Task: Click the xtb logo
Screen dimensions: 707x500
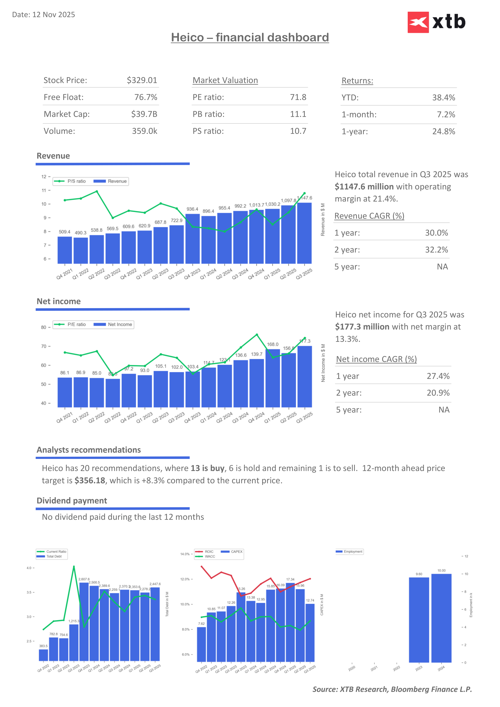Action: pos(436,22)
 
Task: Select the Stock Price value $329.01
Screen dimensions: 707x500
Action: pos(142,80)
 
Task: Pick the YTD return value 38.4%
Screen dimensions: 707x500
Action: pos(443,98)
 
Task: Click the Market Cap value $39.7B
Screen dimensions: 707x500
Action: pos(144,114)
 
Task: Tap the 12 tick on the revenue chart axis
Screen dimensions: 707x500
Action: pos(44,177)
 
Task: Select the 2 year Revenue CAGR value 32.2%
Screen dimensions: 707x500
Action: pos(436,250)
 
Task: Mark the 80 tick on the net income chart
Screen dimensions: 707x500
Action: pos(44,327)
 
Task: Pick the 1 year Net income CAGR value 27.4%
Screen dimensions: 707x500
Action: pos(438,376)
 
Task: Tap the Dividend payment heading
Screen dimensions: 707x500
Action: pos(72,501)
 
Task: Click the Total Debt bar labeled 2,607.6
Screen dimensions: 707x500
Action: pos(84,622)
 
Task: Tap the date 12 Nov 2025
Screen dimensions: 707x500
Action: pos(54,15)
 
